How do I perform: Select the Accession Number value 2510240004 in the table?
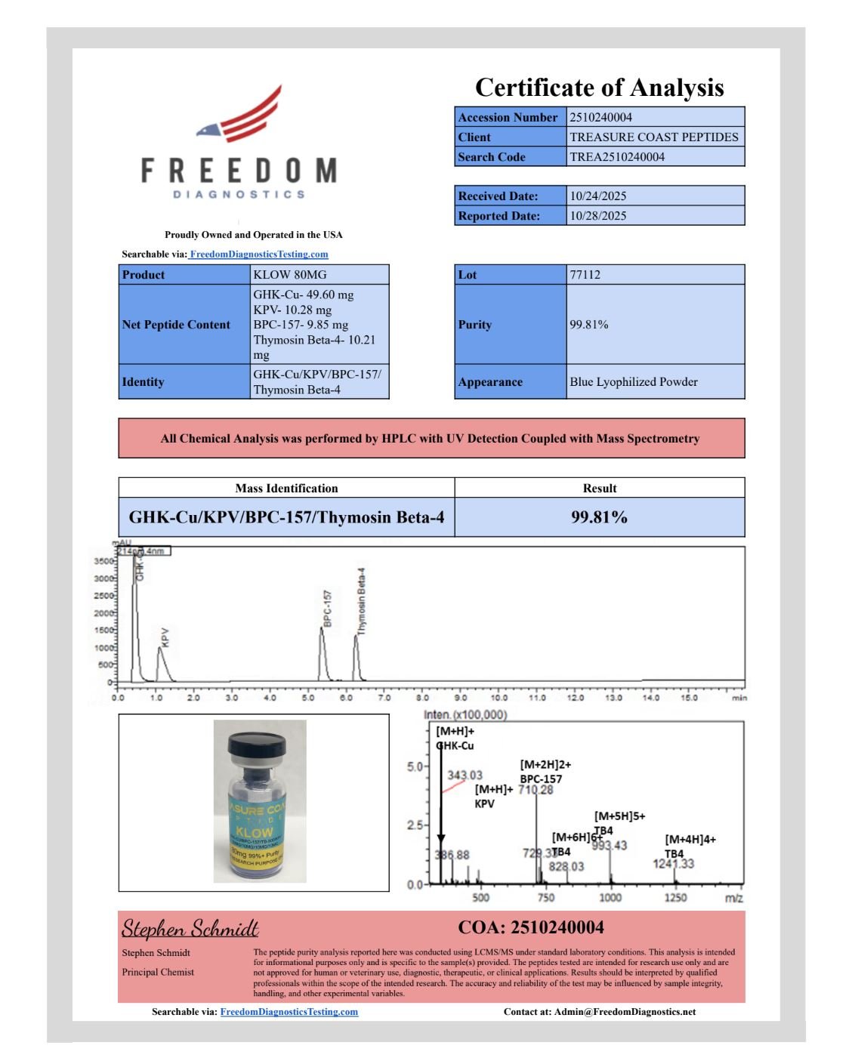600,117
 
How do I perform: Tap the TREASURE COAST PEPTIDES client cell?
654,137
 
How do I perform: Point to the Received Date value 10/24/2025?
598,196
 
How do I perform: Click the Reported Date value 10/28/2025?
598,215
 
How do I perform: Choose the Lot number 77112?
585,274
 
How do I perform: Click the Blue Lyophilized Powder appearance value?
634,381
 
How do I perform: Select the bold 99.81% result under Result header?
599,517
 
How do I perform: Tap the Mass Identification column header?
286,488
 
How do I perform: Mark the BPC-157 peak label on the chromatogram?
328,608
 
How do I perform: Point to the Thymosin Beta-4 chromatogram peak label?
362,600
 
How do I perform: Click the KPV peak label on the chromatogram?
165,637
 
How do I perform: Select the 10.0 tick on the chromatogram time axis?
498,698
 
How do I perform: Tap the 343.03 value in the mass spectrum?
464,775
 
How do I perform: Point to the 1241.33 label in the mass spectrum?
673,863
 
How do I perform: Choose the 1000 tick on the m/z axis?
610,898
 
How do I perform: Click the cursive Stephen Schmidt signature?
190,928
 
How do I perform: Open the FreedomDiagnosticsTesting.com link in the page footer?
289,1012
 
